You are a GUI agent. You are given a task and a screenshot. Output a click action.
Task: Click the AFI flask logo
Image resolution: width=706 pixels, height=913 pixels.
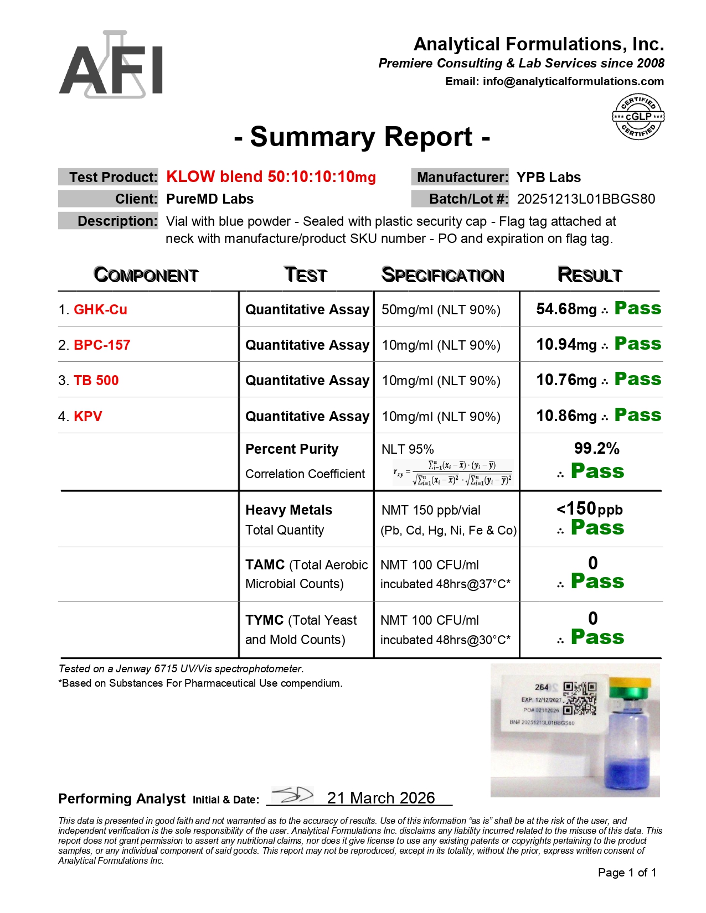coord(111,65)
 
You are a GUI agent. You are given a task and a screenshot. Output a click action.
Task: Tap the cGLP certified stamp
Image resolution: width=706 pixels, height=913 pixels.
coord(638,117)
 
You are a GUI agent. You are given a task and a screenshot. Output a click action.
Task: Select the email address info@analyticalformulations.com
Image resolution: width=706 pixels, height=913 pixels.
coord(573,82)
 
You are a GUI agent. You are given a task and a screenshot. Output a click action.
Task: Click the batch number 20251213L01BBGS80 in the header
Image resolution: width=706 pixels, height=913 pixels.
coord(586,199)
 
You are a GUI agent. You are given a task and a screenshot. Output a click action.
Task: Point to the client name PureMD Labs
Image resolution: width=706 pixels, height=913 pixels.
coord(210,199)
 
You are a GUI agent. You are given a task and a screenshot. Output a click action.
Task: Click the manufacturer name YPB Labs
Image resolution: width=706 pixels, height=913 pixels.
coord(548,178)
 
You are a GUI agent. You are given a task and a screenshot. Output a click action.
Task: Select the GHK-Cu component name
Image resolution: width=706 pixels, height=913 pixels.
coord(100,310)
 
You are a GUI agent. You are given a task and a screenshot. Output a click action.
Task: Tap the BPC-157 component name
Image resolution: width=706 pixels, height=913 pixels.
coord(102,345)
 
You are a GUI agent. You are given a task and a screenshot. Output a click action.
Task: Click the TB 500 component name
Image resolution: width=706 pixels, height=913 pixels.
coord(96,381)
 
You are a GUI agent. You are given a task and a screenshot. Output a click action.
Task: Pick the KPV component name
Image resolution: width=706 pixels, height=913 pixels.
coord(88,417)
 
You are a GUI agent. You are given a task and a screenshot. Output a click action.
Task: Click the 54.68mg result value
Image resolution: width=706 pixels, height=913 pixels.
coord(566,309)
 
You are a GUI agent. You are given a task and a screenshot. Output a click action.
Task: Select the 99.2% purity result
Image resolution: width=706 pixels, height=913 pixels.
coord(596,449)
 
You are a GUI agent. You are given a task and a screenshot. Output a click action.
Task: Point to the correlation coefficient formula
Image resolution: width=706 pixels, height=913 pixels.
coord(453,473)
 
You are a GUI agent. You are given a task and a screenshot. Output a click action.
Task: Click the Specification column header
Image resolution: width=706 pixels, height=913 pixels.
coord(442,275)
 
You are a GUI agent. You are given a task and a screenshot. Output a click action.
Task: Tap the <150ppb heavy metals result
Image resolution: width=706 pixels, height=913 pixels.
coord(589,509)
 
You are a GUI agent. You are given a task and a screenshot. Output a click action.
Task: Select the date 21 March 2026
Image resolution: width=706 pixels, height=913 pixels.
coord(381,798)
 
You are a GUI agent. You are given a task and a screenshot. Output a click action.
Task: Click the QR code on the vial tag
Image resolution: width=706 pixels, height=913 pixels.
coord(580,698)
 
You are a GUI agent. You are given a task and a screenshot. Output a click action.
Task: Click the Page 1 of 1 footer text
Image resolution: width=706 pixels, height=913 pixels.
coord(627,873)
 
